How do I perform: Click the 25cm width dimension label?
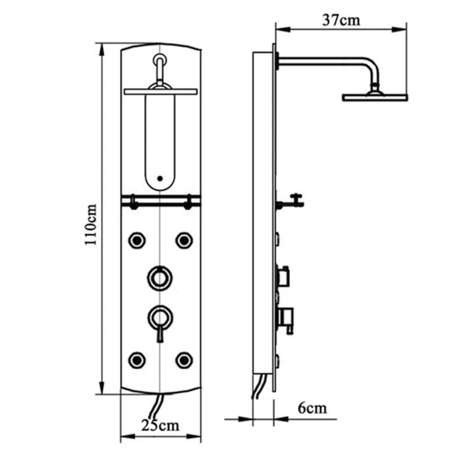click(160, 425)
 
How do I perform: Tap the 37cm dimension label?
click(341, 20)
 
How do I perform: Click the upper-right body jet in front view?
click(184, 239)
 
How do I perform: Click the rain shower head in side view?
click(375, 97)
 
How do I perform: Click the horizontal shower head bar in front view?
click(160, 91)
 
